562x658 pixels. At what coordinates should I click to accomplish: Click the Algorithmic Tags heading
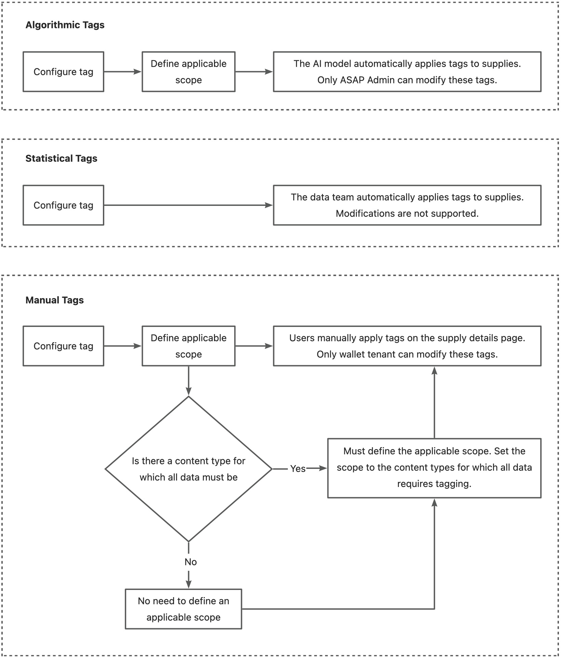(65, 25)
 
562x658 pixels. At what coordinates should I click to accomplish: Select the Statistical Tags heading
(61, 158)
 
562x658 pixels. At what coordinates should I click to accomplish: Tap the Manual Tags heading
(54, 300)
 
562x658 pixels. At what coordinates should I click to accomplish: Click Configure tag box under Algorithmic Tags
(63, 72)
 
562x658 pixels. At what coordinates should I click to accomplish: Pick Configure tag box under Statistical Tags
(63, 205)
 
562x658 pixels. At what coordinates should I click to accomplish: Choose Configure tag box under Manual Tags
(63, 346)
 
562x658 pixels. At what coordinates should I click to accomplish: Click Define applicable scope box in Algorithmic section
(188, 72)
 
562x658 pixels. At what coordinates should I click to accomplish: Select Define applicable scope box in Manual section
(188, 346)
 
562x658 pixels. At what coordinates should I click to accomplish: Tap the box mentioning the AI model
(407, 72)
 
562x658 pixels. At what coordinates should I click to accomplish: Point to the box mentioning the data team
(407, 205)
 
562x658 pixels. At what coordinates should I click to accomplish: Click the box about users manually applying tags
(407, 346)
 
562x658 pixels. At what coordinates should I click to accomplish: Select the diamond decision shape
(188, 469)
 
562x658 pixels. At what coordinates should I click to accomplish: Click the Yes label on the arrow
(298, 469)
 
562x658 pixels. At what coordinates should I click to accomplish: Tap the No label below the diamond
(190, 562)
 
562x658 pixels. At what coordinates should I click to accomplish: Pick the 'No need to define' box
(183, 609)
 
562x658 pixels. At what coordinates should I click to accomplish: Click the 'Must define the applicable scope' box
(434, 468)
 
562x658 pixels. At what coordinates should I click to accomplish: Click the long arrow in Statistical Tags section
(188, 205)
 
